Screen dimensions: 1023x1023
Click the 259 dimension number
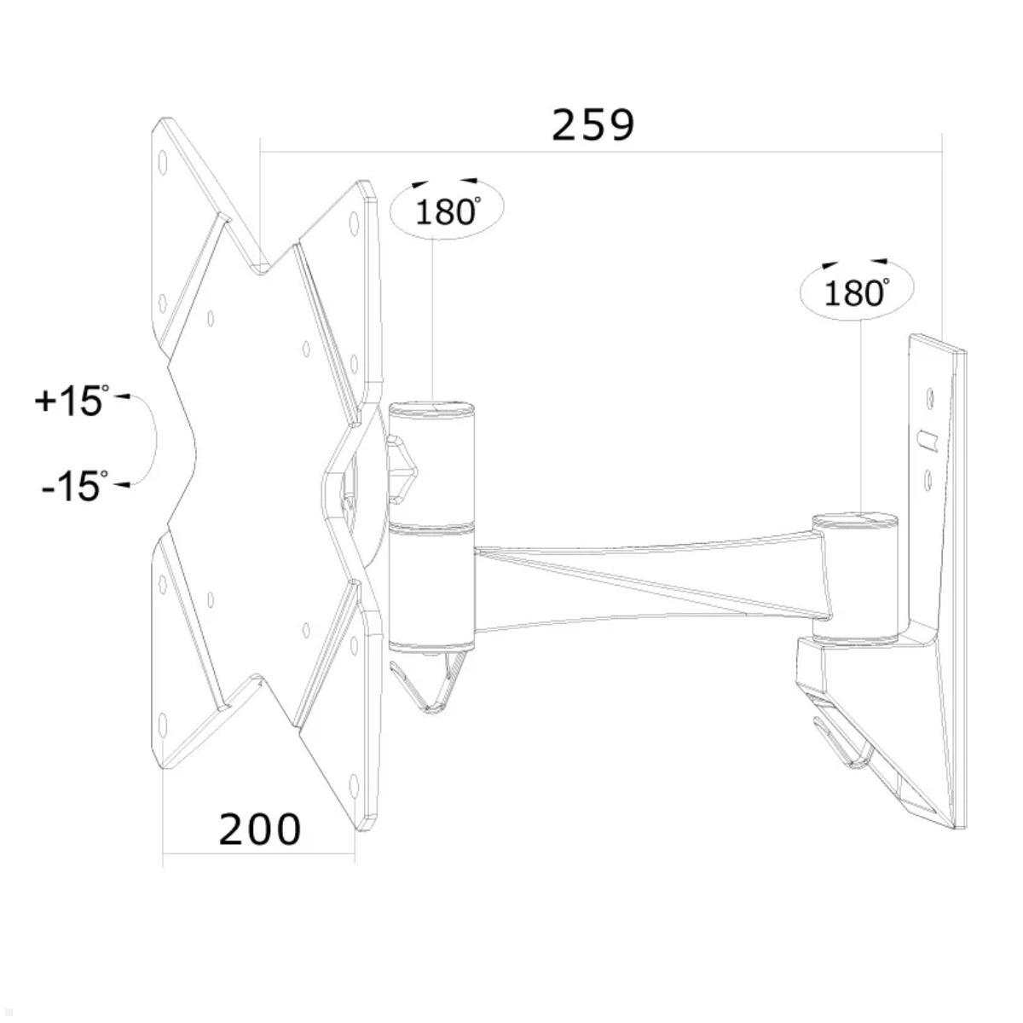click(593, 125)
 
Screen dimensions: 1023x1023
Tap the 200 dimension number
click(260, 829)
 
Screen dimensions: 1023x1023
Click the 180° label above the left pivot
click(447, 210)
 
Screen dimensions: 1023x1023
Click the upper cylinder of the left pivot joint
click(431, 460)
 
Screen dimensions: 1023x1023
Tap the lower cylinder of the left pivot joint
click(431, 588)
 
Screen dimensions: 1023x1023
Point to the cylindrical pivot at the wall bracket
click(855, 575)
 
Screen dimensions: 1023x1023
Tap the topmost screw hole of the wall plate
click(929, 396)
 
